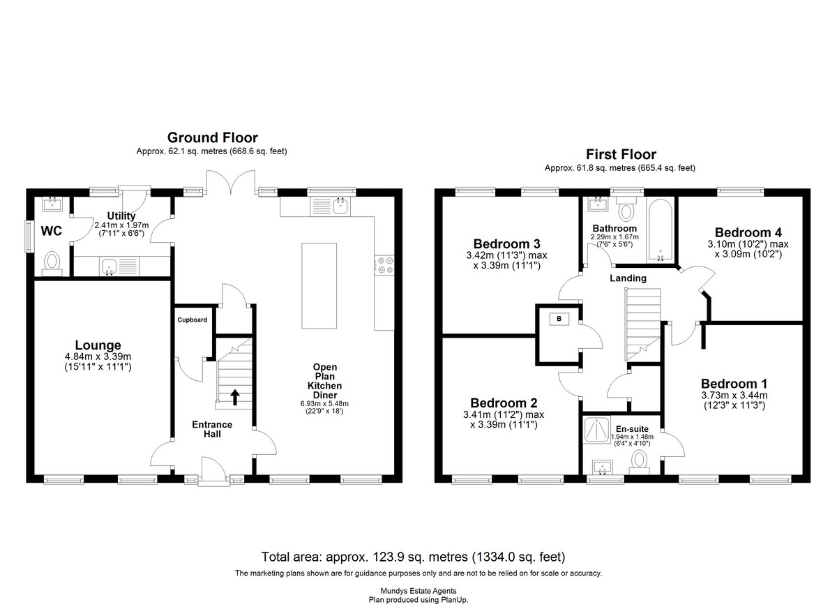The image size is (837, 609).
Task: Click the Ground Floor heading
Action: click(212, 137)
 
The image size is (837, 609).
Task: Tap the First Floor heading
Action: click(621, 154)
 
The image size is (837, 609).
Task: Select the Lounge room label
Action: click(98, 345)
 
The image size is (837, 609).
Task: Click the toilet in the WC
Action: click(52, 263)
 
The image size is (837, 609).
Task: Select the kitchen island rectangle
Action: click(319, 286)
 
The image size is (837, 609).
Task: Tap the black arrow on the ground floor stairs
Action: click(234, 397)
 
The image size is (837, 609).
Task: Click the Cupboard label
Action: click(192, 319)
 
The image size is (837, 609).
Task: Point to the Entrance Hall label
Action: click(212, 429)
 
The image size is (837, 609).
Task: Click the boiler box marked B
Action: click(559, 319)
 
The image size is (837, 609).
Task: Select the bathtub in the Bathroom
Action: click(660, 230)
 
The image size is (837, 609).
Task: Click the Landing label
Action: click(628, 278)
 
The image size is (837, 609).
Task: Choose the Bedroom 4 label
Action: click(748, 232)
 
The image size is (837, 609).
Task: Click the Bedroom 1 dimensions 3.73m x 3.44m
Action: click(734, 396)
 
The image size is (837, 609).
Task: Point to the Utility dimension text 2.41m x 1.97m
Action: click(121, 225)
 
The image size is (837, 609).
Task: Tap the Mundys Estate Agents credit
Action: click(418, 591)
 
